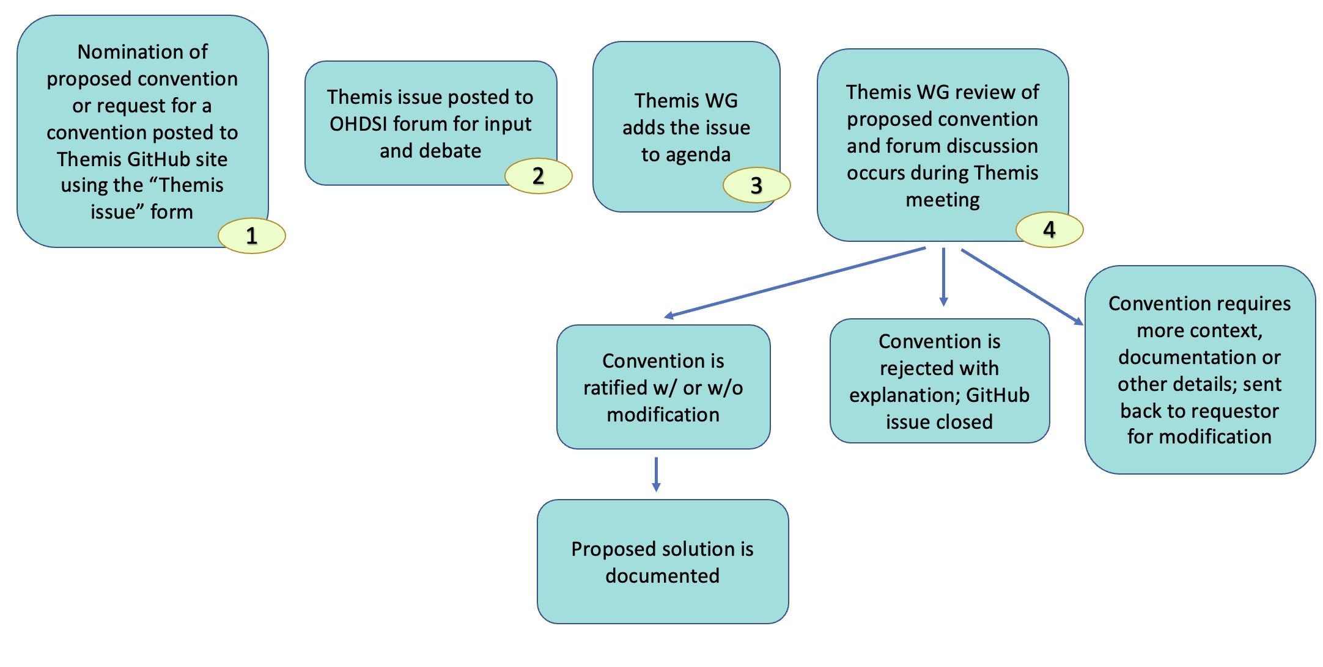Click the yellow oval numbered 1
click(x=251, y=236)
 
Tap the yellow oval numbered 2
click(x=538, y=176)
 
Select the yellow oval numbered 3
click(x=756, y=185)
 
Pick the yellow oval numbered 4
click(x=1049, y=230)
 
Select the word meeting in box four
click(x=942, y=200)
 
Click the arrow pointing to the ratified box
click(x=795, y=282)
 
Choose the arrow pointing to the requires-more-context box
click(x=1021, y=286)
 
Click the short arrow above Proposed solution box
click(x=656, y=474)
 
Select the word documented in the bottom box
click(x=662, y=576)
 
